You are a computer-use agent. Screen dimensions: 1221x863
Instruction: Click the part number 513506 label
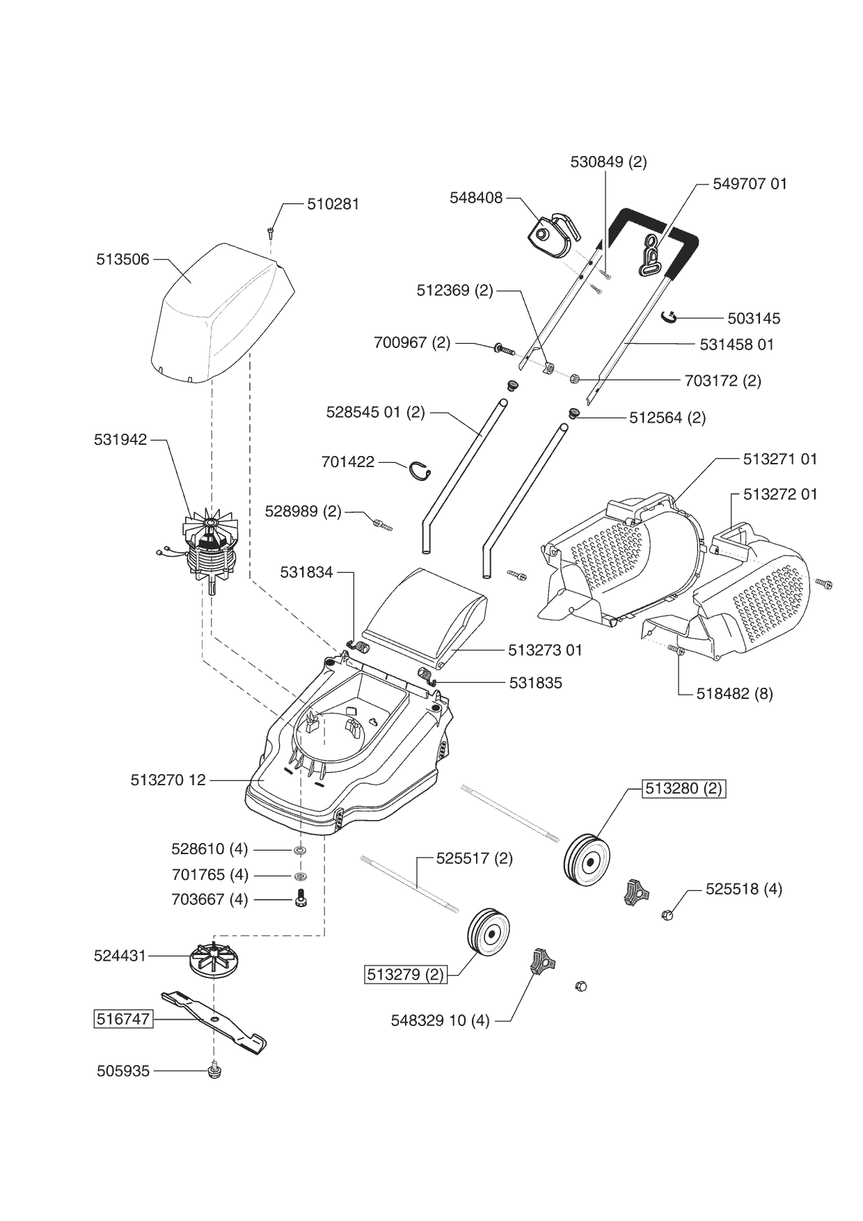pos(122,260)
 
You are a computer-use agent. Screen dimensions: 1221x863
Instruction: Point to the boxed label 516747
pos(123,1019)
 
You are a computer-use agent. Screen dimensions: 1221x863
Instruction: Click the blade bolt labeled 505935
pos(214,1070)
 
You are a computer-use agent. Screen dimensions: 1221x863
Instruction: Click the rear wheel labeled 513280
pos(586,860)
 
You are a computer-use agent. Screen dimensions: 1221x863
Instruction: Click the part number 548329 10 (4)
pos(440,1021)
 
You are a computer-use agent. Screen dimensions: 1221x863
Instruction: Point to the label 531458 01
pos(737,345)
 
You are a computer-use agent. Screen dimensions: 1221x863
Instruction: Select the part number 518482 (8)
pos(734,693)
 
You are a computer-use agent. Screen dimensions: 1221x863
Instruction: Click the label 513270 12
pos(168,780)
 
